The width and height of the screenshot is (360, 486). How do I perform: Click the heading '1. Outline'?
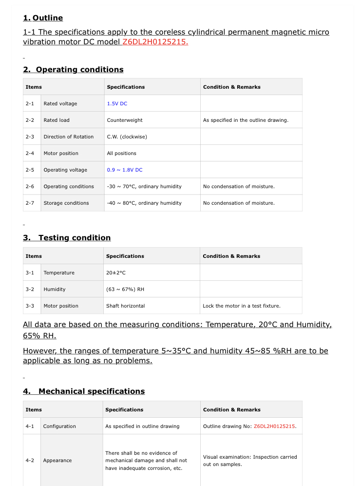click(43, 18)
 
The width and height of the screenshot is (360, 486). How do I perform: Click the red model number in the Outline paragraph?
click(155, 42)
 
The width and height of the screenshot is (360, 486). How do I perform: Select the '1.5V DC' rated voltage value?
click(117, 104)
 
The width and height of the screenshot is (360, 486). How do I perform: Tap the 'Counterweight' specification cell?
click(125, 120)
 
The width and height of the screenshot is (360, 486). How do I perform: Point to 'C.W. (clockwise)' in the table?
click(127, 137)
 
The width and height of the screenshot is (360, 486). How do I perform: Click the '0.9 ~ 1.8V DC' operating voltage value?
click(125, 170)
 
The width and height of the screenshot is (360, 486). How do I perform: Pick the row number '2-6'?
click(30, 187)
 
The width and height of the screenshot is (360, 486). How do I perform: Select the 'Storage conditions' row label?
click(66, 203)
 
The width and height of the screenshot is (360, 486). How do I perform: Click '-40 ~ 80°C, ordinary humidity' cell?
click(144, 203)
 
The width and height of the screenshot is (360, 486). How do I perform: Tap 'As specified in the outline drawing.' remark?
click(246, 120)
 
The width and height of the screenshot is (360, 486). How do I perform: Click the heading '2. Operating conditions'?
click(73, 70)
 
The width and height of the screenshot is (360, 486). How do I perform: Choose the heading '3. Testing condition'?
click(67, 238)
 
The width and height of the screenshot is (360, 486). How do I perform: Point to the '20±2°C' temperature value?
click(116, 273)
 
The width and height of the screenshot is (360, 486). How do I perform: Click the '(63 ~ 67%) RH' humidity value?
click(125, 290)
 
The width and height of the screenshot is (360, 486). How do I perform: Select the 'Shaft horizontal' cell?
click(125, 306)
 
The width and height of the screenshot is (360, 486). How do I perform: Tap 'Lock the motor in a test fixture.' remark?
click(242, 306)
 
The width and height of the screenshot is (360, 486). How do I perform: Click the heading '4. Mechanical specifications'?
click(84, 391)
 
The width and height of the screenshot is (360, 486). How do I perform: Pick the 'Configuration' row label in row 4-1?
click(59, 427)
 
